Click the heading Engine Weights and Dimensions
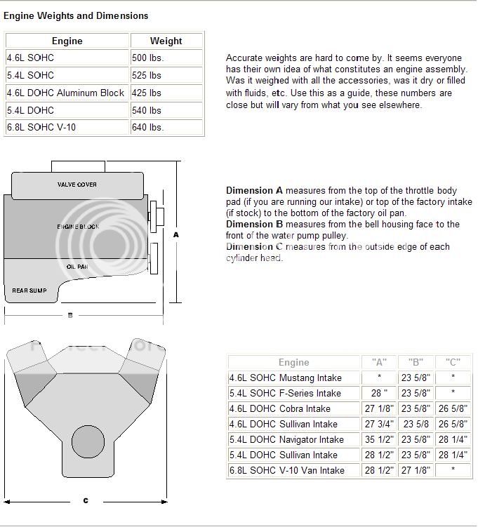(x=77, y=15)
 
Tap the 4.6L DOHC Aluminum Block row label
(x=65, y=93)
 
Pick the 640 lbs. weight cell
(x=147, y=127)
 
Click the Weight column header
(x=166, y=41)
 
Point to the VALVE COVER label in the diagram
(x=77, y=185)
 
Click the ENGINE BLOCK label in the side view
(x=79, y=227)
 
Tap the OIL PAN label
(x=77, y=267)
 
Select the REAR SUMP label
(x=29, y=290)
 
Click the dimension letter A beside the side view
(x=176, y=235)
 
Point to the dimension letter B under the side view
(x=70, y=316)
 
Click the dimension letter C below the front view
(x=86, y=500)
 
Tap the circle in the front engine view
(x=92, y=443)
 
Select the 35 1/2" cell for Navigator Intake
(x=378, y=439)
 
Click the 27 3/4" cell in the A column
(x=378, y=424)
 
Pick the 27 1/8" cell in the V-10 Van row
(x=416, y=470)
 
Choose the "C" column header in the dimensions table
(x=453, y=363)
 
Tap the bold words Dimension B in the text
(x=254, y=225)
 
